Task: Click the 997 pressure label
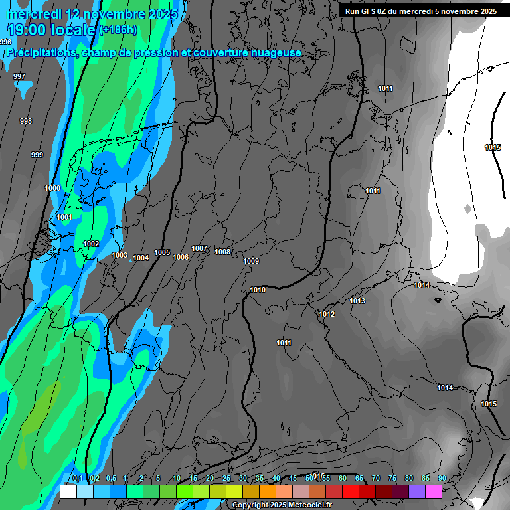(19, 76)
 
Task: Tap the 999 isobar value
(37, 155)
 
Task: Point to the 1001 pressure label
(64, 218)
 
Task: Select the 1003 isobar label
(120, 255)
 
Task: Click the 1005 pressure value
(162, 252)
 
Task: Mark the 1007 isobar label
(199, 248)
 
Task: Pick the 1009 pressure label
(251, 261)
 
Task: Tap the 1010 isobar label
(258, 290)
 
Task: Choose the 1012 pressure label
(327, 314)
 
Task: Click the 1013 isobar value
(357, 301)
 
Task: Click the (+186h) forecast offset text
(118, 29)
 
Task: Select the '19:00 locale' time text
(51, 29)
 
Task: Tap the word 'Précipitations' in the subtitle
(39, 52)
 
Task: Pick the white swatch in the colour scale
(68, 491)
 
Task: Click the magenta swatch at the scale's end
(434, 491)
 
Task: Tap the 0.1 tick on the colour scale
(78, 479)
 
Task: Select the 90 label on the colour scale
(442, 479)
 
